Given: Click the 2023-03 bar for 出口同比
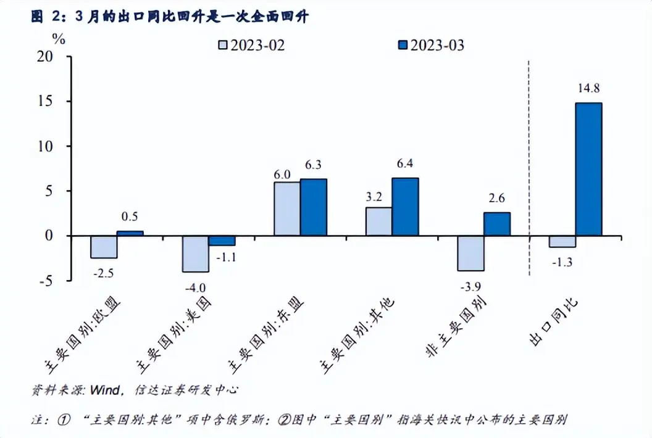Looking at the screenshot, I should [x=588, y=169].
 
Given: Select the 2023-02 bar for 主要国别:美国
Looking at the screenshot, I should [x=196, y=254].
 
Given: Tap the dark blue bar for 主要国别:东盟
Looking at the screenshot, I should [x=314, y=207].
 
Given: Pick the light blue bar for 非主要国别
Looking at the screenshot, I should [x=470, y=253].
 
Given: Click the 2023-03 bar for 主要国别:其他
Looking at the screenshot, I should [x=405, y=207].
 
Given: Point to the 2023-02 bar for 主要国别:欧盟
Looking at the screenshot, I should [x=104, y=247].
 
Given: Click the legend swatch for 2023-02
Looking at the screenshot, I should [x=223, y=45].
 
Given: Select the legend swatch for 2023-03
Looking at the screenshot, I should [x=402, y=45].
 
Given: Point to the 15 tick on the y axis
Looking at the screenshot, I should [x=54, y=101].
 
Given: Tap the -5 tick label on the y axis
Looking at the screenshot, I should [x=53, y=281].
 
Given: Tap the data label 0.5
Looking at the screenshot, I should [x=130, y=217].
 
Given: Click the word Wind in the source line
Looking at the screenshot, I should [x=105, y=390].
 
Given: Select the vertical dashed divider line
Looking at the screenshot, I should [x=529, y=167].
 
